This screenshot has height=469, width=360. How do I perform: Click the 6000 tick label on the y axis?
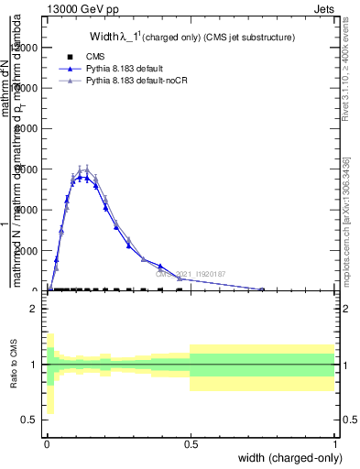[x=31, y=169]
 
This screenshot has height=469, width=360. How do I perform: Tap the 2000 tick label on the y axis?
[x=31, y=250]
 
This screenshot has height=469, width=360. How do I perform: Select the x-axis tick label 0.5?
[x=191, y=444]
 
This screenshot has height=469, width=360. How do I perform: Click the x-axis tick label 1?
[x=334, y=444]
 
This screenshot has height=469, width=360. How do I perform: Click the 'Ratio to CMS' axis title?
[x=14, y=365]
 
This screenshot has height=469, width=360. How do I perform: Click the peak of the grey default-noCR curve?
[x=85, y=169]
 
